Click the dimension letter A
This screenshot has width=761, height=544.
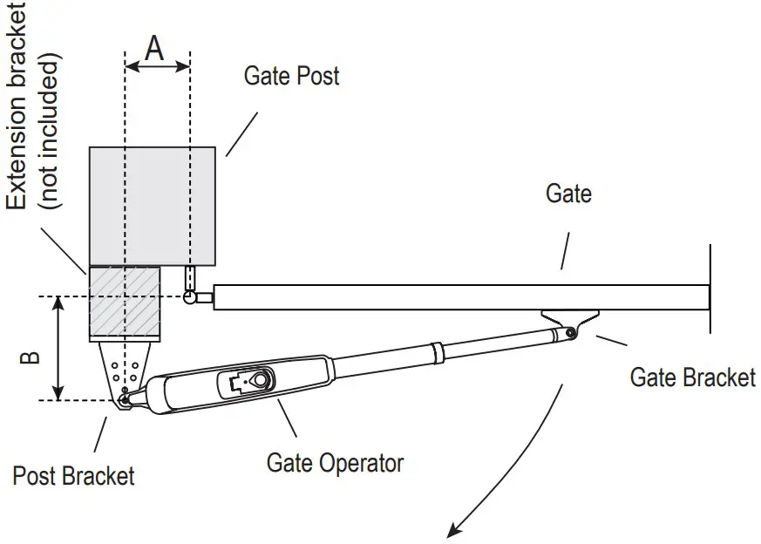[154, 49]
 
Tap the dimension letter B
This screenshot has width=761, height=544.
[31, 357]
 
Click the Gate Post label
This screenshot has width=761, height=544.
[291, 76]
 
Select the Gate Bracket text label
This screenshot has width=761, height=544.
[692, 377]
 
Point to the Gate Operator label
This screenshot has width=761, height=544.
[335, 463]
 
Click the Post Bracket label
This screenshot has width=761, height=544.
[73, 476]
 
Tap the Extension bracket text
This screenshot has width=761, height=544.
[17, 105]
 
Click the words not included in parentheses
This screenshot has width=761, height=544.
[50, 130]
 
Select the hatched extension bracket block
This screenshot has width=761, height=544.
[125, 304]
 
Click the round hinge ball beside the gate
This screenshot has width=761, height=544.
[189, 297]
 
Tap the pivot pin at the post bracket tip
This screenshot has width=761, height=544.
[125, 400]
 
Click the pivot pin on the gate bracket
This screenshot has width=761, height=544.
[571, 332]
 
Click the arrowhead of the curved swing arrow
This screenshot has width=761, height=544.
[453, 530]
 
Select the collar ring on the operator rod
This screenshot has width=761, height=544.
[438, 353]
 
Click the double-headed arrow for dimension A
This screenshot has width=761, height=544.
[157, 66]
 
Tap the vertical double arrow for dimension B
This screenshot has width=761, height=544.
[58, 348]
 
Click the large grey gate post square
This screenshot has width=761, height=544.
[153, 207]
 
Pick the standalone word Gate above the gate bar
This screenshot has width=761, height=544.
[568, 194]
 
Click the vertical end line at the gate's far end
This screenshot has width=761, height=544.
[710, 289]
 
